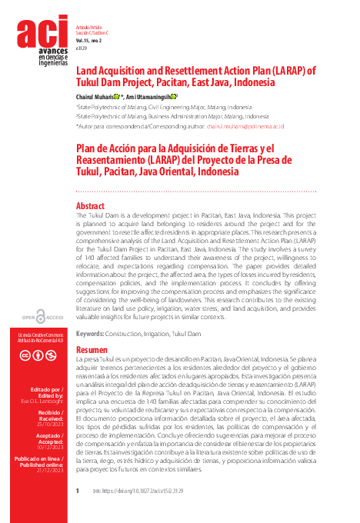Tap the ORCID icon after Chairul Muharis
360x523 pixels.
(115, 97)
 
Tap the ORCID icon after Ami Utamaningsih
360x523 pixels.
(174, 97)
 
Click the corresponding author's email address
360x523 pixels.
(246, 125)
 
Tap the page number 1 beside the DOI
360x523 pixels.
(78, 490)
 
